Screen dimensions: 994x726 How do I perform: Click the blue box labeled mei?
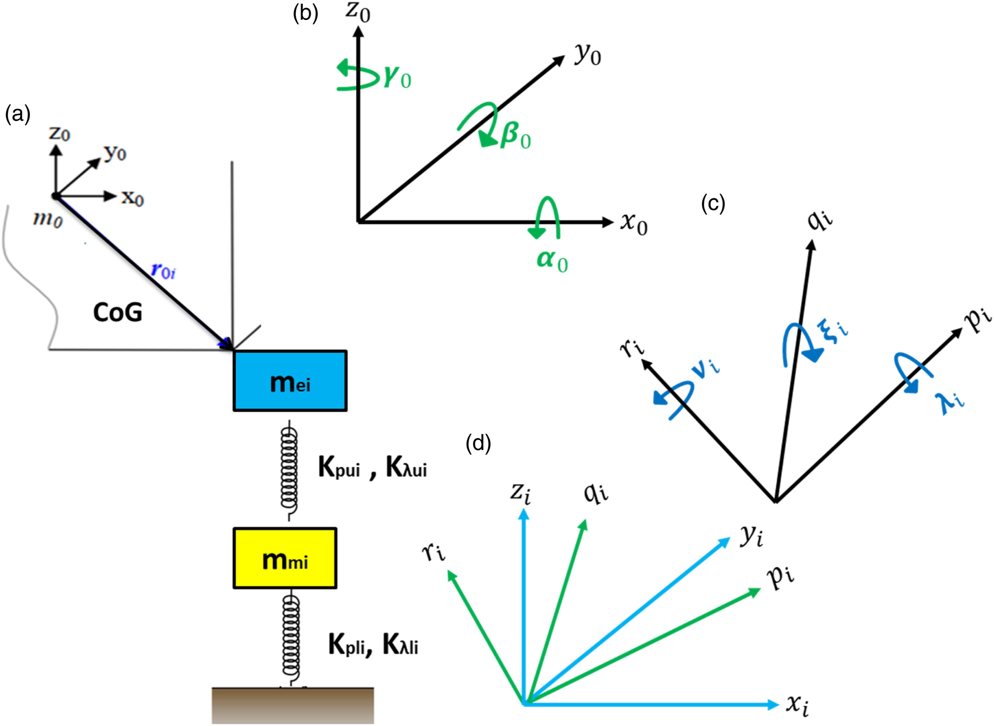(290, 381)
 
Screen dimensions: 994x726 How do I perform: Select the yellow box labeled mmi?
(285, 558)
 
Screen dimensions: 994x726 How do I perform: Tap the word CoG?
(118, 312)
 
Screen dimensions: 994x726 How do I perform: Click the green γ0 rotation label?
(398, 77)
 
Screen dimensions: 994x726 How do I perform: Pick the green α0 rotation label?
(552, 261)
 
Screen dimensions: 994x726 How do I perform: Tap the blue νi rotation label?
(705, 366)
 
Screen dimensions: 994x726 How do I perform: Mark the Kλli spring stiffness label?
(400, 645)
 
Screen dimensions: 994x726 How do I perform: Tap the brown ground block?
(293, 706)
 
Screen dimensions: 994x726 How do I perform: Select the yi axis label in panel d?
(751, 535)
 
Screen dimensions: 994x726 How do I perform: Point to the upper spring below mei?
(289, 470)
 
